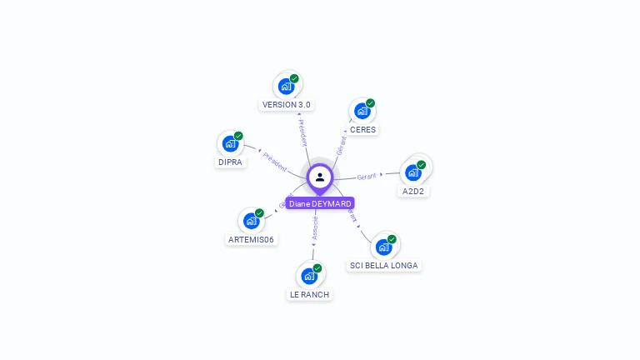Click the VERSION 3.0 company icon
(286, 86)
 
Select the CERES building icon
(362, 111)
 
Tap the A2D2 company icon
(412, 172)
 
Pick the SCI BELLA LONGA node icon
(383, 247)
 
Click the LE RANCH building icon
(309, 276)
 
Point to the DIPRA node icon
(230, 143)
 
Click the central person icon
(320, 177)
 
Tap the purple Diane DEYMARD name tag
(320, 203)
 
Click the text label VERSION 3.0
(287, 105)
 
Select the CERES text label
(363, 130)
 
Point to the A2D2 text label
(414, 192)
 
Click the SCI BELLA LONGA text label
(384, 266)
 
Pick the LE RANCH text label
(309, 295)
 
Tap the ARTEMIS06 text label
(252, 240)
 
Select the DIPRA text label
(230, 162)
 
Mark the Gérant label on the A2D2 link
(367, 176)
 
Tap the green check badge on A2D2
(422, 165)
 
